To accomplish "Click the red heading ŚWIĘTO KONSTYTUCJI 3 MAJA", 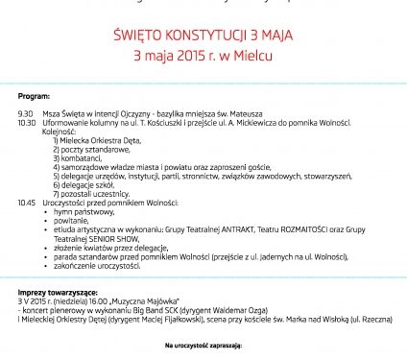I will [x=203, y=36].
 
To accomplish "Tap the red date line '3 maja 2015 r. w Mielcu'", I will [x=203, y=58].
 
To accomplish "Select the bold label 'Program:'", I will [x=33, y=99].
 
